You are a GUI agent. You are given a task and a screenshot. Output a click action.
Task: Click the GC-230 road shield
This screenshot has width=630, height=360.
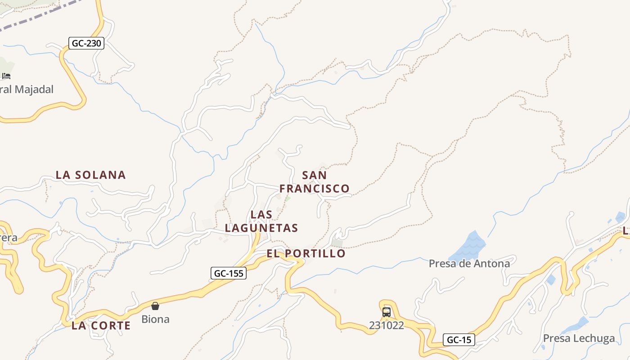[86, 43]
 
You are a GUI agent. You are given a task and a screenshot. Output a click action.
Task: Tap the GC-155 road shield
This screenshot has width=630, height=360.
[229, 273]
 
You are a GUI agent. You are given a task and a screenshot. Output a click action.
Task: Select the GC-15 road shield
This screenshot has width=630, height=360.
[459, 340]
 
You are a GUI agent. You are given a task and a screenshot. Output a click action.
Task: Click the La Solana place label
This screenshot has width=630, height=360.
[90, 175]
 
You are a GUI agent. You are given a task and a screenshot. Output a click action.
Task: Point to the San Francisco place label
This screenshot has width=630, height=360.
[315, 182]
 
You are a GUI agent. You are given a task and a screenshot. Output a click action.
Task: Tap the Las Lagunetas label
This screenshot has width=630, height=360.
[261, 221]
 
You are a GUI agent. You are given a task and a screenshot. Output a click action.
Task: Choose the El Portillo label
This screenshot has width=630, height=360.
[306, 253]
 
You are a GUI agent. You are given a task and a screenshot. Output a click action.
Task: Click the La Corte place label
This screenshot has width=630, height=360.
[101, 325]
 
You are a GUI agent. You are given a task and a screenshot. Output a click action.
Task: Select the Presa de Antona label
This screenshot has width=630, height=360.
[469, 263]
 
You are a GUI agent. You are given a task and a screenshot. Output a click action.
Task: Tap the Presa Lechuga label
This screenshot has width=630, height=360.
[579, 338]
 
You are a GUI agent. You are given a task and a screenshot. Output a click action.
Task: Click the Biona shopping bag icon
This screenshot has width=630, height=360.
[155, 306]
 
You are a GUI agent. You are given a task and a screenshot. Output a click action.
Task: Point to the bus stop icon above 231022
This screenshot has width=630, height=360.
[386, 312]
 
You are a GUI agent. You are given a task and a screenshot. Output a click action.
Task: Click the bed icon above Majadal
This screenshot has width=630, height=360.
[6, 76]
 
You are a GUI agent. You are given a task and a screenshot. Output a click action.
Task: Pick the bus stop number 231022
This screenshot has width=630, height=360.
[386, 325]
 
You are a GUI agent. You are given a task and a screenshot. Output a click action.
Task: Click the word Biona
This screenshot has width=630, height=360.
[155, 319]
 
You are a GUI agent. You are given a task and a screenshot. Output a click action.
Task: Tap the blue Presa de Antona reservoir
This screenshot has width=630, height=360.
[468, 246]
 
